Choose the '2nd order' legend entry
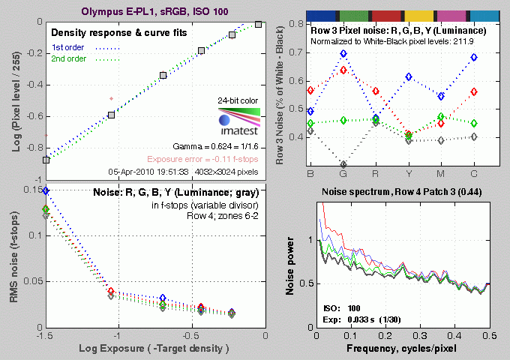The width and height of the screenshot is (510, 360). [69, 59]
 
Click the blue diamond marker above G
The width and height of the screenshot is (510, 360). [343, 54]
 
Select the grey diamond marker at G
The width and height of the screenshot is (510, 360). [343, 164]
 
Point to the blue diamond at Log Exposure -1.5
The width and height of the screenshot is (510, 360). [46, 191]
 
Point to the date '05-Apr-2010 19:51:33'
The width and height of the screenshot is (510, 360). [148, 171]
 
